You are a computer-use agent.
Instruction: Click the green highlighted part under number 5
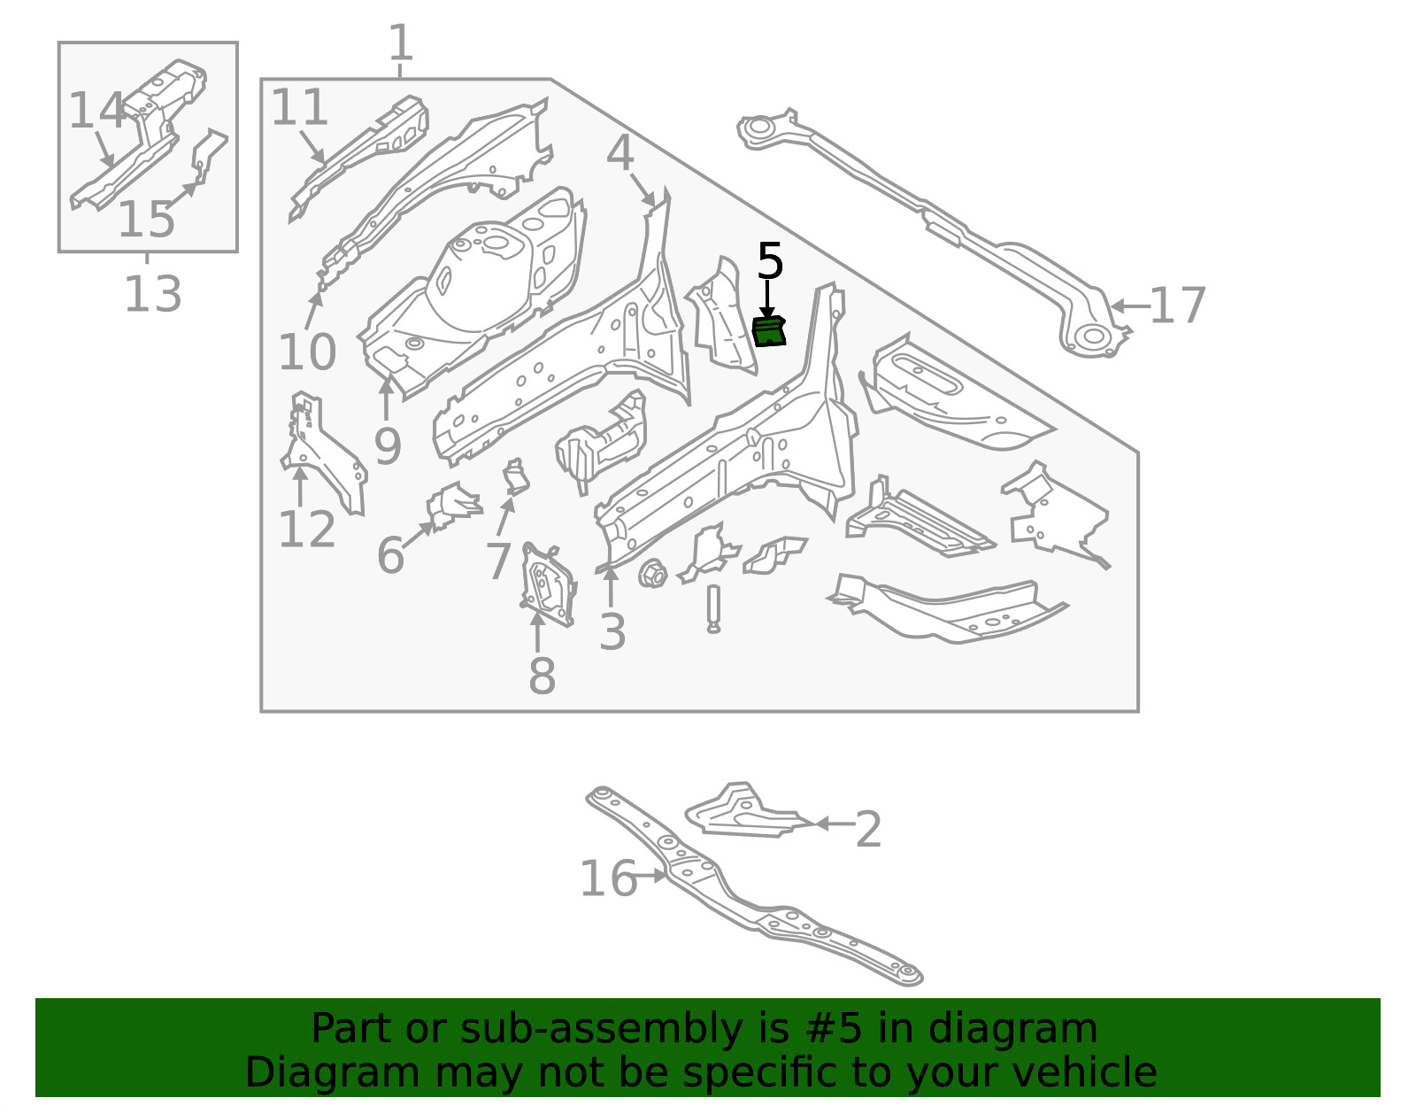pyautogui.click(x=769, y=331)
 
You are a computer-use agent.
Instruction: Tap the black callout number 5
pyautogui.click(x=770, y=262)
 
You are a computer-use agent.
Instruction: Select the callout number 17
pyautogui.click(x=1177, y=306)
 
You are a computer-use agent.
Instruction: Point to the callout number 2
pyautogui.click(x=868, y=830)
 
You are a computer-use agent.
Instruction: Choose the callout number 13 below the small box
pyautogui.click(x=152, y=294)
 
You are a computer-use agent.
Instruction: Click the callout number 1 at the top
pyautogui.click(x=401, y=43)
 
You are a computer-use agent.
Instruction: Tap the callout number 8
pyautogui.click(x=542, y=677)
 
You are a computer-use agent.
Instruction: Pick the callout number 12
pyautogui.click(x=306, y=530)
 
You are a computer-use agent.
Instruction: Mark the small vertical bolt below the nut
pyautogui.click(x=713, y=608)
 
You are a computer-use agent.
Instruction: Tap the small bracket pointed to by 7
pyautogui.click(x=516, y=477)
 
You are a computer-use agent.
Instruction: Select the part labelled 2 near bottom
pyautogui.click(x=743, y=811)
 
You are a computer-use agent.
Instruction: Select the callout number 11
pyautogui.click(x=299, y=107)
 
